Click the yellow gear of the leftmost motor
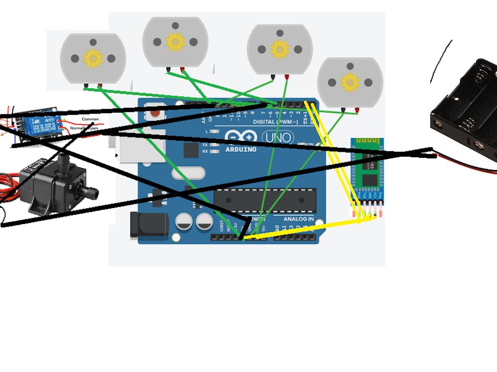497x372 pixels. click(x=93, y=58)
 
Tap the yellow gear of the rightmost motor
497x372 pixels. click(x=350, y=82)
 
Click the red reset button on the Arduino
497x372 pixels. click(x=156, y=113)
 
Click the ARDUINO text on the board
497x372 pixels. click(x=241, y=149)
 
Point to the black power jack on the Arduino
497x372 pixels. click(x=148, y=225)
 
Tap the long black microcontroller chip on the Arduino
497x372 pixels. click(x=265, y=199)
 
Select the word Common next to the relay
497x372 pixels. click(x=90, y=119)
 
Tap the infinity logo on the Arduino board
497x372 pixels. click(x=241, y=137)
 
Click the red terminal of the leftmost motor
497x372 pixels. click(x=100, y=86)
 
